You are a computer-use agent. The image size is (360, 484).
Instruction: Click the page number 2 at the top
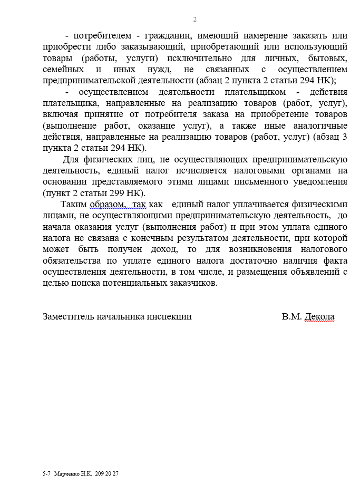click(x=194, y=20)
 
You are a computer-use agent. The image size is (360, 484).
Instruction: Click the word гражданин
click(x=164, y=36)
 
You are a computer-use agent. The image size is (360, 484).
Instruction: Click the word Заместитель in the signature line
click(x=69, y=316)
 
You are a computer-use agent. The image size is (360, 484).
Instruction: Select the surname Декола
click(x=319, y=316)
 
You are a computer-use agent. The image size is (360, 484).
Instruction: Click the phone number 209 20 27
click(x=107, y=473)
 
